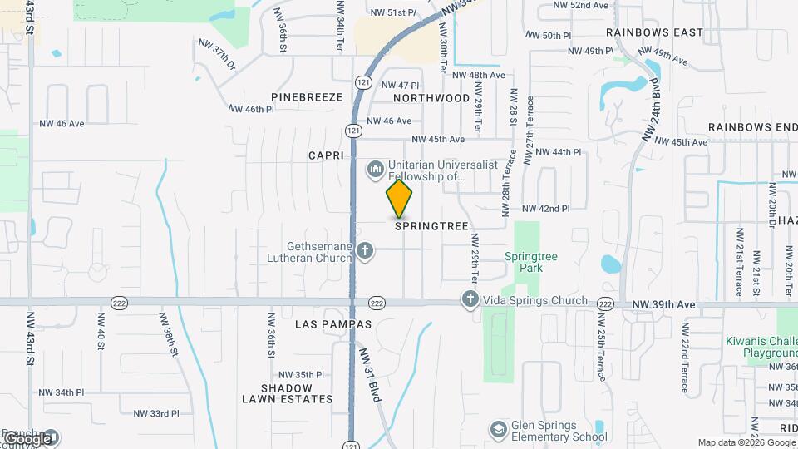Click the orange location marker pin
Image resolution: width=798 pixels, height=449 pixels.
400,198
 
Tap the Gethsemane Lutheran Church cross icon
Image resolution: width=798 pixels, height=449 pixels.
364,250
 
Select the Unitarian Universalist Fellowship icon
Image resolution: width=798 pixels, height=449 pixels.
376,170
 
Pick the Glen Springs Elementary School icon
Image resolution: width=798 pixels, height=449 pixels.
498,430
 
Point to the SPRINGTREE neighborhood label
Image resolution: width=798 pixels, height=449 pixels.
432,225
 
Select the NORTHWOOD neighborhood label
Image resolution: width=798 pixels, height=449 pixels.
431,98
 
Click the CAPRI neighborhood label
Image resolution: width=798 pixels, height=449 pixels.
326,155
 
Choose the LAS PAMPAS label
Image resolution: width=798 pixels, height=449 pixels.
333,323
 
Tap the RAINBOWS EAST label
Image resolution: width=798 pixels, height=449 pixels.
654,32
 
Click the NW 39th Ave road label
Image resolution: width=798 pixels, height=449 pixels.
663,305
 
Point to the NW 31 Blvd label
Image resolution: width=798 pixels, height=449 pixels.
370,375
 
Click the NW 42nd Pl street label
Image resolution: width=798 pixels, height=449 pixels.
546,209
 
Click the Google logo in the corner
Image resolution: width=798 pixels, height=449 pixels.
27,438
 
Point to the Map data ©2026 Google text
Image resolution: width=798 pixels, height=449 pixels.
746,442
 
